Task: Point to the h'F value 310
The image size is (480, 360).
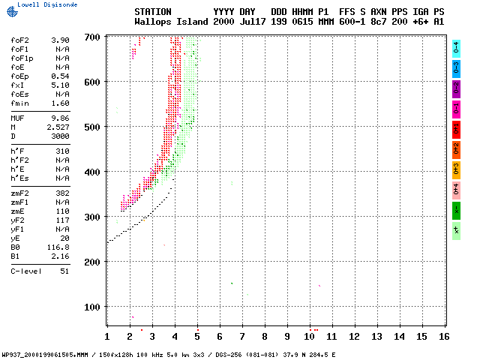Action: pos(63,151)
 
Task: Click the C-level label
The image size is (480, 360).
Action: pos(25,271)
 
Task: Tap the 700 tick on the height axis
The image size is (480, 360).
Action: pos(93,37)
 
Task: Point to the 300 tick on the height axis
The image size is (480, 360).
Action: pos(93,217)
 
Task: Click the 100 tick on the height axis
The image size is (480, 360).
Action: pos(93,307)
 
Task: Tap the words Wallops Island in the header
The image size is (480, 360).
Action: pos(171,22)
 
